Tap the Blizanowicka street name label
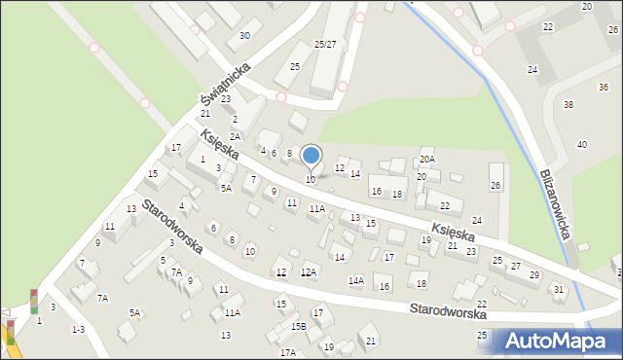558,212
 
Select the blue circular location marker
311,155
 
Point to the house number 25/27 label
325,45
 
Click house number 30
244,36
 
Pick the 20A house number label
426,159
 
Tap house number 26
495,185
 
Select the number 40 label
582,144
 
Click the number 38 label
569,104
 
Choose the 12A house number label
309,272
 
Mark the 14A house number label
356,280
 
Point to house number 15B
299,326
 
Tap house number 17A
287,352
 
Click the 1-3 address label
78,329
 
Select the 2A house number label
235,137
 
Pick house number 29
533,275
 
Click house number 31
558,289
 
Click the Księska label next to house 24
453,234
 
